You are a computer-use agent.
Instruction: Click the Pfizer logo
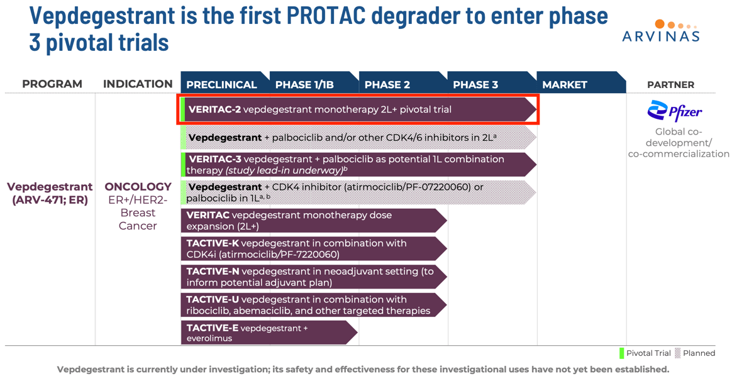[675, 111]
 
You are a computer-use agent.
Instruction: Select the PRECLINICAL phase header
[221, 84]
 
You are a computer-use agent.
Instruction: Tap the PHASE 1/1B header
[304, 84]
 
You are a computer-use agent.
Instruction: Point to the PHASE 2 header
[387, 84]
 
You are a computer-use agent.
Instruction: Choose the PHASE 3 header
[475, 84]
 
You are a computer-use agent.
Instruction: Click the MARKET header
[564, 84]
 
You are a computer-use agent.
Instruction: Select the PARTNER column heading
[670, 84]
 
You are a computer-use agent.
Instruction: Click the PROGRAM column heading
[52, 84]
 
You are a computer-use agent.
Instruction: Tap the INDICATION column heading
[138, 84]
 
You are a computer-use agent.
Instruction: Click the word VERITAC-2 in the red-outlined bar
[214, 109]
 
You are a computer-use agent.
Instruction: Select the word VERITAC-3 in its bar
[214, 159]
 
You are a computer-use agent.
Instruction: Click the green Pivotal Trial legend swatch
[621, 353]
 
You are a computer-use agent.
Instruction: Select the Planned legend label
[699, 353]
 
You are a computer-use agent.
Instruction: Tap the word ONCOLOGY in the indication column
[138, 187]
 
